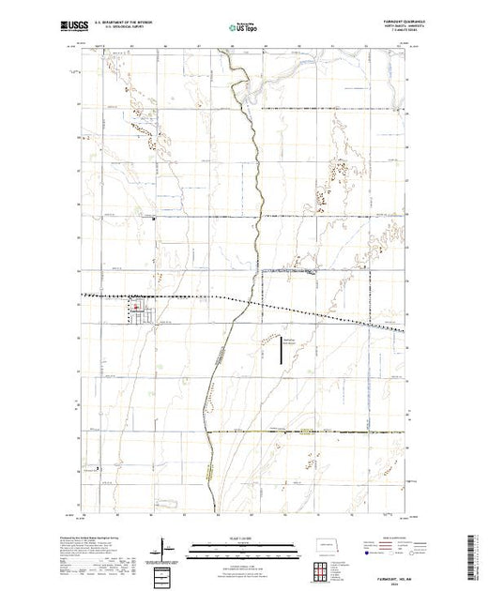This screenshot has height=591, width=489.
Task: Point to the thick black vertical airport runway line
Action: point(279,355)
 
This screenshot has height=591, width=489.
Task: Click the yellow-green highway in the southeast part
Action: point(310,432)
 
